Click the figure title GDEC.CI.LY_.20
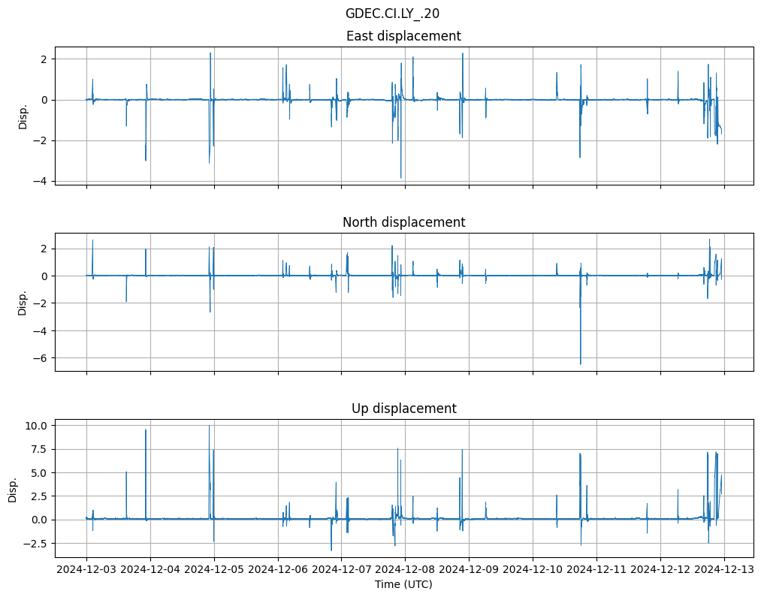click(392, 14)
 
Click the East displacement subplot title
click(403, 36)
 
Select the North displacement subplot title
click(403, 222)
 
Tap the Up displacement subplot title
click(403, 409)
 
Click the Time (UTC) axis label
click(403, 584)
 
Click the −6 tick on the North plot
click(42, 358)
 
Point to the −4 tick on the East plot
click(42, 181)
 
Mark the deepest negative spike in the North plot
click(580, 364)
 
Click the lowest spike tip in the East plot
click(400, 178)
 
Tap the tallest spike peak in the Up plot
click(210, 426)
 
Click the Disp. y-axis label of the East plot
click(23, 116)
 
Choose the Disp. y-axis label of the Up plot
click(13, 488)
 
